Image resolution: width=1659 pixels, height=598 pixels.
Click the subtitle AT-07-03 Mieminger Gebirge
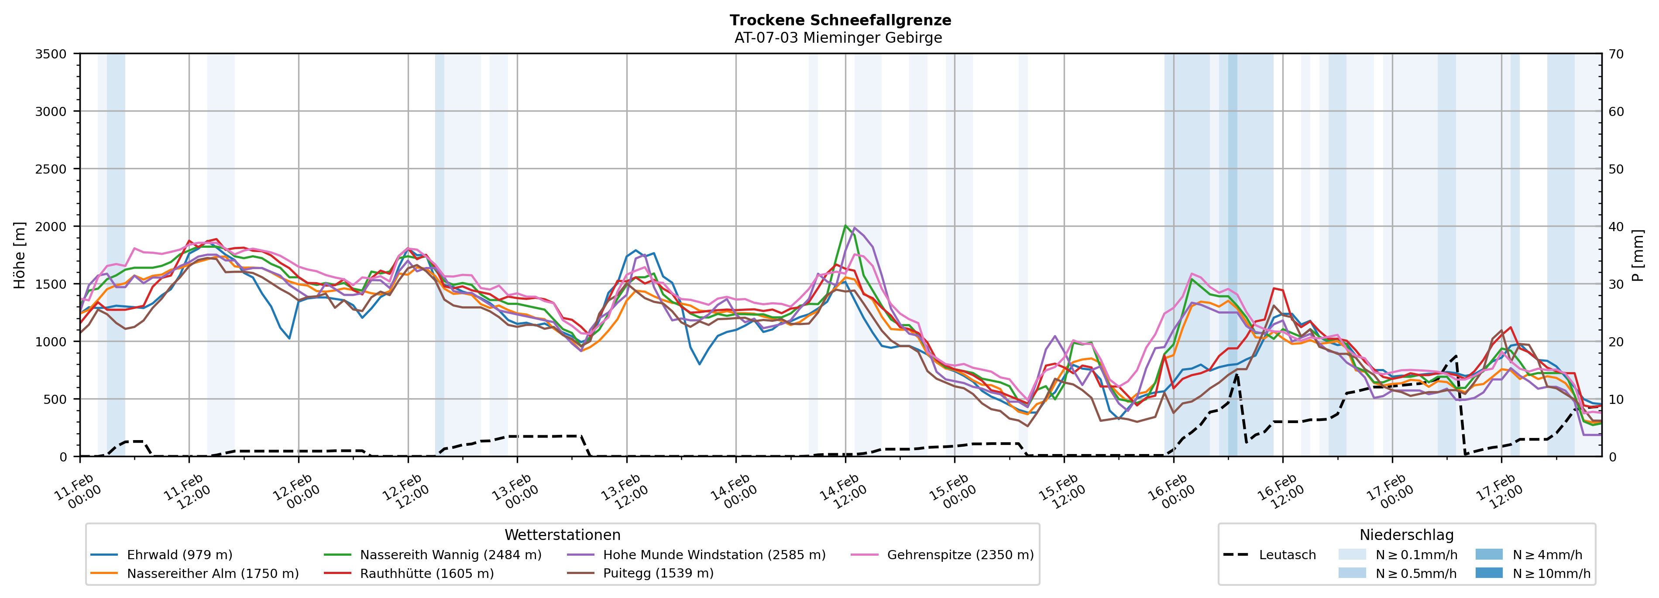838,38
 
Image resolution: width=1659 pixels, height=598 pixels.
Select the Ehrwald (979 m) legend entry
179,555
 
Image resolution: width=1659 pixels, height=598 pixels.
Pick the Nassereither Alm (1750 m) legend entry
213,574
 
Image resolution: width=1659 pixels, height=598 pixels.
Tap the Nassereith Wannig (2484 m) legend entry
450,555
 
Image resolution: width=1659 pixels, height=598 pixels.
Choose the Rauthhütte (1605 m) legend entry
426,574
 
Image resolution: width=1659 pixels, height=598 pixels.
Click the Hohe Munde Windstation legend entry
714,555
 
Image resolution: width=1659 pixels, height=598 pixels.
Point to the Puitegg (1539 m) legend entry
658,574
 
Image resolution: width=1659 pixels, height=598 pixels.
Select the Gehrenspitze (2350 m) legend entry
960,555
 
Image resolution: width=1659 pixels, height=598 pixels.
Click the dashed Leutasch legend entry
1287,555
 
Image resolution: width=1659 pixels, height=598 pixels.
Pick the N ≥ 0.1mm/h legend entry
1415,555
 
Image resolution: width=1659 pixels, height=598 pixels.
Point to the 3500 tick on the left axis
51,54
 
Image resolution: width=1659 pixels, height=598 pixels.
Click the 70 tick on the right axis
1616,54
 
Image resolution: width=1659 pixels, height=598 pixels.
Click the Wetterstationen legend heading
562,535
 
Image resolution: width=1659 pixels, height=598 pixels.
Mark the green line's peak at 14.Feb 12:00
845,226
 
